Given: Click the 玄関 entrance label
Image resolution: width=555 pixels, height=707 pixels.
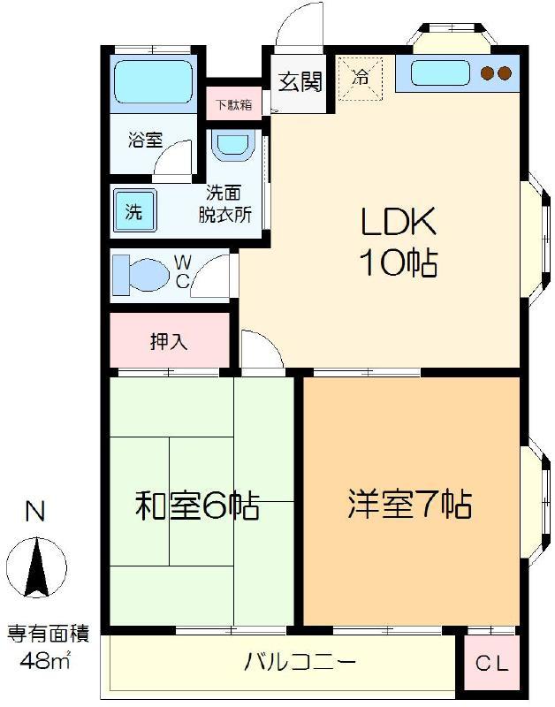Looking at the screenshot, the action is (300, 81).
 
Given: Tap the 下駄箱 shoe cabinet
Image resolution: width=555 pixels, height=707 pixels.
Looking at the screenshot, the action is (233, 104).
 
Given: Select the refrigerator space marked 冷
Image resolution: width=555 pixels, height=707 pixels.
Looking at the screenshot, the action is (361, 79).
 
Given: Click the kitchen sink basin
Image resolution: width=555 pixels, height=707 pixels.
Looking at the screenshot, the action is (440, 73).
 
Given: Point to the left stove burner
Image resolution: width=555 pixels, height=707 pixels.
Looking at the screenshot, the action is (487, 73).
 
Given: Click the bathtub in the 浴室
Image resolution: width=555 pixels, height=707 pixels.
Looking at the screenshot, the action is (153, 82).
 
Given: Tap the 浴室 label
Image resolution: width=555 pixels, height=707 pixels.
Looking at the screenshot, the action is (145, 140).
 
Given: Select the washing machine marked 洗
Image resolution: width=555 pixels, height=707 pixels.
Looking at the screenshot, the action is (135, 210).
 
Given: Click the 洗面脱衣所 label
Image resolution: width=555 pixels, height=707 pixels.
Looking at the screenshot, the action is (225, 204).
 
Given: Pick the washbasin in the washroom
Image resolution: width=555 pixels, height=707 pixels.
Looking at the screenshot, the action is (232, 145).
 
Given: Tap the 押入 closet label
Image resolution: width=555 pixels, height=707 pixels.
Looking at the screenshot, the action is (168, 341).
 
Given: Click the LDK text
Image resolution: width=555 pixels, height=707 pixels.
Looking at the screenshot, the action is (399, 221).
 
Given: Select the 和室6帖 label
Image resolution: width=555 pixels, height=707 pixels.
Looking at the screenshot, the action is (197, 506).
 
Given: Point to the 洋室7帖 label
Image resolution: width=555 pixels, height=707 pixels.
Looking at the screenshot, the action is (410, 503).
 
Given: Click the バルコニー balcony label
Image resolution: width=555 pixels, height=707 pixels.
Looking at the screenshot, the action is (300, 662).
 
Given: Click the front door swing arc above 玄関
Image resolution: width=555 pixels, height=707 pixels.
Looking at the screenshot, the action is (288, 20).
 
